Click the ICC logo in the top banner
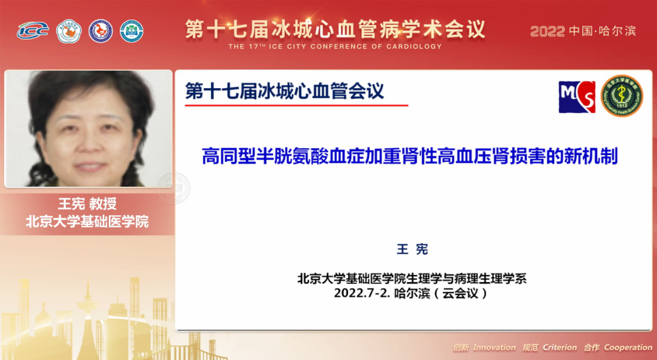tap(32, 30)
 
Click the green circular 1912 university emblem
tap(621, 96)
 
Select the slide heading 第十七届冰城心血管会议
tap(285, 91)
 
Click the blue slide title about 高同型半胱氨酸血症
tap(409, 156)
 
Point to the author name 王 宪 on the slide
tap(412, 249)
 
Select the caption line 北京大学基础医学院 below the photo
tap(87, 221)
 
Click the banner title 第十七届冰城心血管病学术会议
tap(335, 29)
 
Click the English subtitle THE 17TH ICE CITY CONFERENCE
tap(335, 47)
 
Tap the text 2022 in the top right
tap(547, 31)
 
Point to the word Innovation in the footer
tap(494, 348)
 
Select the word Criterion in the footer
tap(560, 348)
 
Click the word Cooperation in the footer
tap(628, 348)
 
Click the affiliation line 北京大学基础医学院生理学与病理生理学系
tap(412, 279)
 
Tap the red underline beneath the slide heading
tap(296, 106)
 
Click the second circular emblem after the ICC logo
tap(100, 31)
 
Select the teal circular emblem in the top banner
tap(131, 31)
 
